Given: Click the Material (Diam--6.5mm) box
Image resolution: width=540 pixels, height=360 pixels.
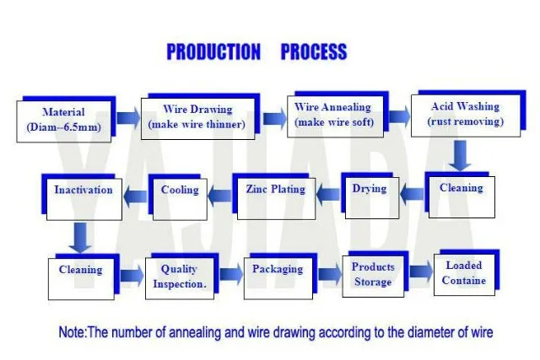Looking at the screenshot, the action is click(x=64, y=121).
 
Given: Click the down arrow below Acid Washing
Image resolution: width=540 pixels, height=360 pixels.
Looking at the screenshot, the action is click(x=460, y=155).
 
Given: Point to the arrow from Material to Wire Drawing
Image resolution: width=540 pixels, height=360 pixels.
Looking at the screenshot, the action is click(x=128, y=118).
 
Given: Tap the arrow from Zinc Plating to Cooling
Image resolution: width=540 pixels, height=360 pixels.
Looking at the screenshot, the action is click(x=219, y=196).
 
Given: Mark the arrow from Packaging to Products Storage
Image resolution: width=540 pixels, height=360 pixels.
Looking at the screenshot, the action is click(x=330, y=274).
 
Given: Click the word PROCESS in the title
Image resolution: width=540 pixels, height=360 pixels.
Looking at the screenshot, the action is click(x=314, y=51).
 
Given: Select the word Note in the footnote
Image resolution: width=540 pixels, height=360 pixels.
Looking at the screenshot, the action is click(x=72, y=332).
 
